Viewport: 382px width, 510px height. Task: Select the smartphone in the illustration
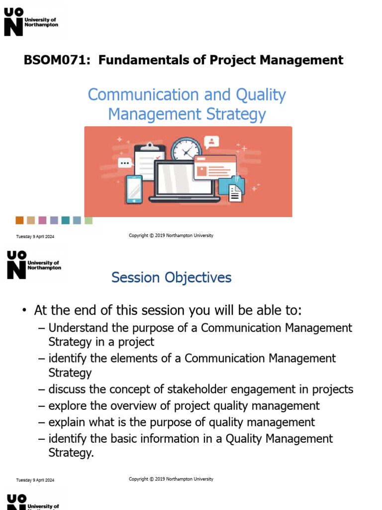coord(134,189)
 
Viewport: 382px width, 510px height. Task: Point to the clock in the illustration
coord(186,149)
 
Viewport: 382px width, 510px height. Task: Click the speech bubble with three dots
coord(125,163)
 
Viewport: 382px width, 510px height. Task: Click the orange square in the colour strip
coord(19,220)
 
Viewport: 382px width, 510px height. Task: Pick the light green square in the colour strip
coord(88,220)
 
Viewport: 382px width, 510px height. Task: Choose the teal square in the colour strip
coord(65,220)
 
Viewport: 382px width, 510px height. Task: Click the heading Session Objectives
coord(171,277)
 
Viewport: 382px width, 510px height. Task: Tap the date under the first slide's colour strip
coord(35,237)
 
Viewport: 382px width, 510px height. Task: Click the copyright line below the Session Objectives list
coord(171,479)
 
